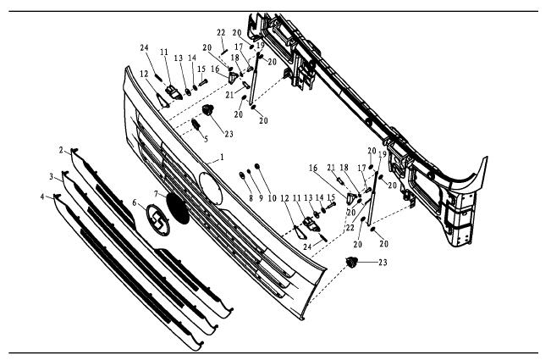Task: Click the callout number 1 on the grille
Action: (223, 158)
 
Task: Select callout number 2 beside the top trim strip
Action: (62, 149)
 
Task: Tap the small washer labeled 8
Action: (242, 174)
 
